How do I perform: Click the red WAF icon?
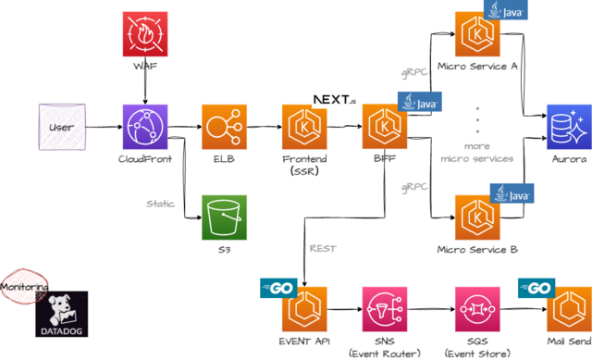[x=145, y=34]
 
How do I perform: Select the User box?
[x=62, y=127]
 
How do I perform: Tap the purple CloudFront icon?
[x=145, y=127]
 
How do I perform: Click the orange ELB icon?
[x=224, y=127]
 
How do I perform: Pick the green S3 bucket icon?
[x=224, y=217]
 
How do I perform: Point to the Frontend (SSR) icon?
[x=304, y=127]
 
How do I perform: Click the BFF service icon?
[x=385, y=127]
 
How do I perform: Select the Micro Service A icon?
[x=477, y=34]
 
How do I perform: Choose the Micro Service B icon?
[x=477, y=217]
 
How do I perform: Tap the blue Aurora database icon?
[x=570, y=127]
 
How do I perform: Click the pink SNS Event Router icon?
[x=385, y=309]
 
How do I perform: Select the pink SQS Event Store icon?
[x=477, y=309]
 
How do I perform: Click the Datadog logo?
[x=62, y=314]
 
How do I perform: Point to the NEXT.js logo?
[x=335, y=100]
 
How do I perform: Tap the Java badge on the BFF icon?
[x=419, y=102]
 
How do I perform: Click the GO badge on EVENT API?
[x=278, y=288]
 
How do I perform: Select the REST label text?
[x=323, y=249]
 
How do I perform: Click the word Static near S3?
[x=160, y=204]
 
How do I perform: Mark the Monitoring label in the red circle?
[x=24, y=287]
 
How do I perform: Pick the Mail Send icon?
[x=570, y=309]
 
